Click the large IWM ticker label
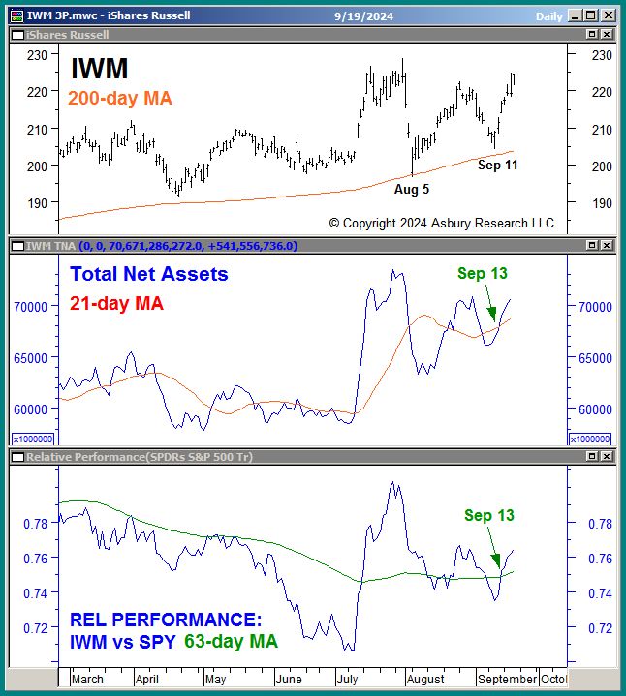[99, 69]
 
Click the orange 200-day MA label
[120, 98]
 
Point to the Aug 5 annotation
[412, 189]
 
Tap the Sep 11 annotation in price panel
[498, 166]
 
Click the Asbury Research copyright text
[441, 223]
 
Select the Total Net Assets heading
[149, 274]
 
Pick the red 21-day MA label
[116, 303]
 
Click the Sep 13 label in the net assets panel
[483, 274]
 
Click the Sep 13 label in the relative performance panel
[488, 516]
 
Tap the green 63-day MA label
[230, 641]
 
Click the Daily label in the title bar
[548, 15]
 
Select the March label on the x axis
[88, 680]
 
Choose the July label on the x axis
[348, 680]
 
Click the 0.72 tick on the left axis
[37, 627]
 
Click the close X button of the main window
[608, 15]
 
